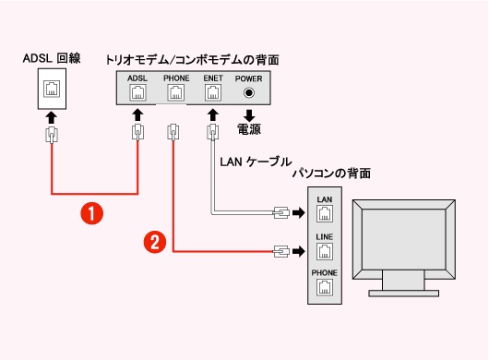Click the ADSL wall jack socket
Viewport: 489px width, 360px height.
coord(52,89)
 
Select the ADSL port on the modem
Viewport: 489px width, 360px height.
coord(137,92)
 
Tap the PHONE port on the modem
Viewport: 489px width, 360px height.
coord(176,92)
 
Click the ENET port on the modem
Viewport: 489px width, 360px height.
coord(213,92)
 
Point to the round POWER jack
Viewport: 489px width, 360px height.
coord(249,92)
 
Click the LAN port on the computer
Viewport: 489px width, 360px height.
coord(325,213)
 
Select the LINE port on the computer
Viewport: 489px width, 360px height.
coord(325,251)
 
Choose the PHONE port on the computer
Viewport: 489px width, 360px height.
coord(325,287)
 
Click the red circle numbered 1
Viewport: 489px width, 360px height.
coord(91,213)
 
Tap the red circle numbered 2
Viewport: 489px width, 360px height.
coord(155,242)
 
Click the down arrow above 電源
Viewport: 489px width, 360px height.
coord(249,115)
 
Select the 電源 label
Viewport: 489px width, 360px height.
coord(249,129)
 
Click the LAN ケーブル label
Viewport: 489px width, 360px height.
coord(256,162)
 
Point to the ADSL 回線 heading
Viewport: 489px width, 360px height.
coord(52,58)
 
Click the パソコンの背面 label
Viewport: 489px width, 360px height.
coord(331,174)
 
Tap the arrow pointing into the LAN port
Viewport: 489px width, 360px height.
coord(299,213)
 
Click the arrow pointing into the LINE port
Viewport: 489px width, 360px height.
coord(299,251)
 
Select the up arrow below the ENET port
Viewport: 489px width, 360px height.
coord(213,115)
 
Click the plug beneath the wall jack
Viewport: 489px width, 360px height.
coord(52,135)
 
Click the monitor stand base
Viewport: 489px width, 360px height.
coord(403,294)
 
